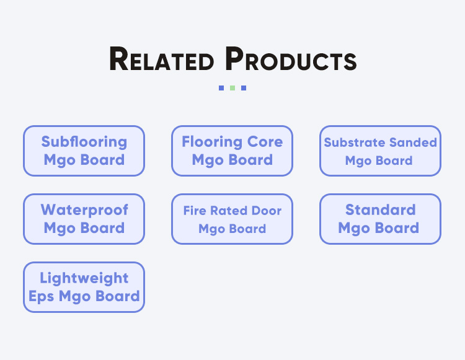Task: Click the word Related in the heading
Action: tap(161, 59)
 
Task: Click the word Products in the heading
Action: tap(291, 59)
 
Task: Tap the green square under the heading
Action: tap(232, 88)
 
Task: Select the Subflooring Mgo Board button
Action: tap(84, 151)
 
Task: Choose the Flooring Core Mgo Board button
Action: tap(232, 151)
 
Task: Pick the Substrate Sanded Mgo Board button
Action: tap(380, 151)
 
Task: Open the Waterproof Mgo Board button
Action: tap(84, 219)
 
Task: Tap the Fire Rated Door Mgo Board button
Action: tap(232, 219)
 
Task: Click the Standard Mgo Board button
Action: tap(380, 219)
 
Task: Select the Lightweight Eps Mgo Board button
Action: tap(84, 287)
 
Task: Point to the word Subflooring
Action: tap(84, 142)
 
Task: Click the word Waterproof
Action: tap(84, 210)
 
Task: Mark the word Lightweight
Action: tap(84, 278)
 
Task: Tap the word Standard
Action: tap(380, 210)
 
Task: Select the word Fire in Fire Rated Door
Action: tap(193, 211)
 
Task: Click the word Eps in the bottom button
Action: tap(42, 296)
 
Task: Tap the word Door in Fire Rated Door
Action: tap(267, 211)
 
